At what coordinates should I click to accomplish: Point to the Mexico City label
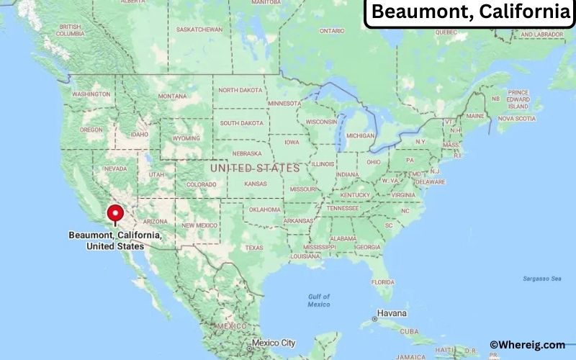[273, 343]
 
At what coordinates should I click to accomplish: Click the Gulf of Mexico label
[318, 300]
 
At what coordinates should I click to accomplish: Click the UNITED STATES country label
[254, 168]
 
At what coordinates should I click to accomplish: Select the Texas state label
[254, 248]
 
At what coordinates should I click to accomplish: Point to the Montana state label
[173, 96]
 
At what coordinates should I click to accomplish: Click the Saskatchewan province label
[199, 30]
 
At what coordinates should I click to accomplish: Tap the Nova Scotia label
[516, 118]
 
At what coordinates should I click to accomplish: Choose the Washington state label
[91, 94]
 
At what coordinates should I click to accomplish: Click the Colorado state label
[201, 184]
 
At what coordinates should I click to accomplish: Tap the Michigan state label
[360, 135]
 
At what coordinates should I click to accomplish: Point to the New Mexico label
[199, 225]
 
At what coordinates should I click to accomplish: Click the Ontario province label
[332, 31]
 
